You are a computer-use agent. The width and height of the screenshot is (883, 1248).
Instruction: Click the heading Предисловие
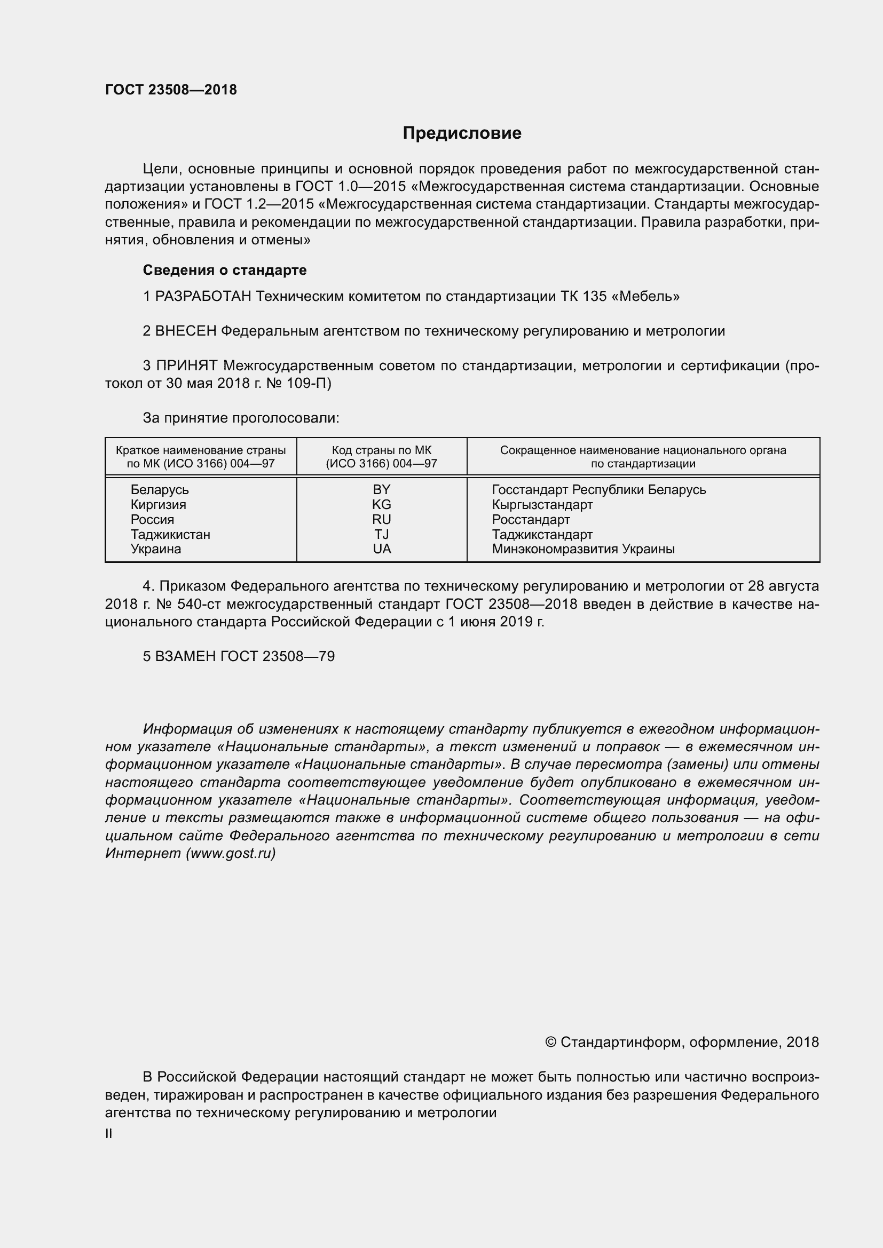pos(462,133)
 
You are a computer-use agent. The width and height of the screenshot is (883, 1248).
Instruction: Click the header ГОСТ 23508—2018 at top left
pos(171,90)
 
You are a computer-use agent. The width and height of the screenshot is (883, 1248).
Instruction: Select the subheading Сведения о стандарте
pos(225,270)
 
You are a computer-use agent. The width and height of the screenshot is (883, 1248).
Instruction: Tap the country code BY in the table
pos(382,490)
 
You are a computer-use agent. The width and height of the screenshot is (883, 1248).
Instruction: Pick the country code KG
pos(382,504)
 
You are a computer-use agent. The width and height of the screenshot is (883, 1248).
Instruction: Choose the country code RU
pos(382,519)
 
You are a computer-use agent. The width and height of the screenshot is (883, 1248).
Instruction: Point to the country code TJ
pos(382,534)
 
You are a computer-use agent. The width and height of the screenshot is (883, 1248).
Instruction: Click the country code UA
pos(382,549)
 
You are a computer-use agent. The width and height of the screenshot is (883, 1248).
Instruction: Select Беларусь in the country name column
pos(160,490)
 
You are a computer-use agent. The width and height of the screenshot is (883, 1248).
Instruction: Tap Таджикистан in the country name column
pos(170,534)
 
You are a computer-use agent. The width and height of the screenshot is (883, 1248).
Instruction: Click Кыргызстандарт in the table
pos(542,504)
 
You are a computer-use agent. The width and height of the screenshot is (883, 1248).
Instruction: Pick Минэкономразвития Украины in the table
pos(583,549)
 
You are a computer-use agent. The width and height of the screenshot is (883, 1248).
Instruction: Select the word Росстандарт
pos(531,519)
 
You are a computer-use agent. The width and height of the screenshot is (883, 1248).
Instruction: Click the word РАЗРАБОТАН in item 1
pos(203,297)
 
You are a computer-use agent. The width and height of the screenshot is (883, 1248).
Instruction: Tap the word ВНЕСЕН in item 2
pos(186,331)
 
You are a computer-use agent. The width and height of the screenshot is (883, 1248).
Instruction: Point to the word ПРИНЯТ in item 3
pos(187,366)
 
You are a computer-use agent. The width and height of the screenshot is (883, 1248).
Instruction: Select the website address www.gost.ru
pos(231,853)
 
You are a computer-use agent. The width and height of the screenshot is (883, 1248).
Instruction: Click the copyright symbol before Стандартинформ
pos(550,1042)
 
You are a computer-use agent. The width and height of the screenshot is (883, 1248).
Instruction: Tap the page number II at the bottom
pos(109,1134)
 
